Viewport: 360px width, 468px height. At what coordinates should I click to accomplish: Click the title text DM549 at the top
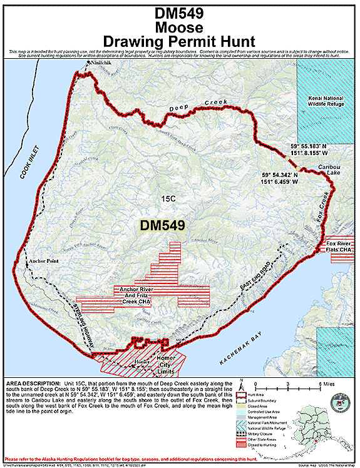click(x=180, y=14)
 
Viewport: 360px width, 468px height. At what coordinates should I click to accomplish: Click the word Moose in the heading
click(x=180, y=28)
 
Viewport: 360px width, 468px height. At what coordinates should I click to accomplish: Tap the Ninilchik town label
click(x=99, y=64)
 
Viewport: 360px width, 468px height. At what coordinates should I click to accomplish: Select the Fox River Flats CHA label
click(x=339, y=246)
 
